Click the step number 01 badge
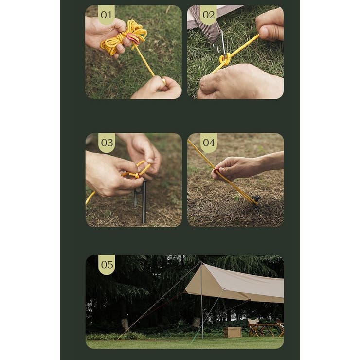coord(107,15)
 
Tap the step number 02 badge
coord(208,15)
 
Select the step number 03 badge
coord(107,143)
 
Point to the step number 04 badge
coord(209,143)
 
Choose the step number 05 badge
coord(107,265)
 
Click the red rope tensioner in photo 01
coord(133,38)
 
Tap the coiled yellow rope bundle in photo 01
coord(124,37)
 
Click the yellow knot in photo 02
coord(225,60)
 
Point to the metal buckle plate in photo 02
coord(220,45)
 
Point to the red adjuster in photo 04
coord(216,171)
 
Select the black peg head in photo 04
coord(256,199)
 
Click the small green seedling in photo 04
coord(236,198)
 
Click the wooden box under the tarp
coord(233,332)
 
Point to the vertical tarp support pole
coord(201,299)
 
